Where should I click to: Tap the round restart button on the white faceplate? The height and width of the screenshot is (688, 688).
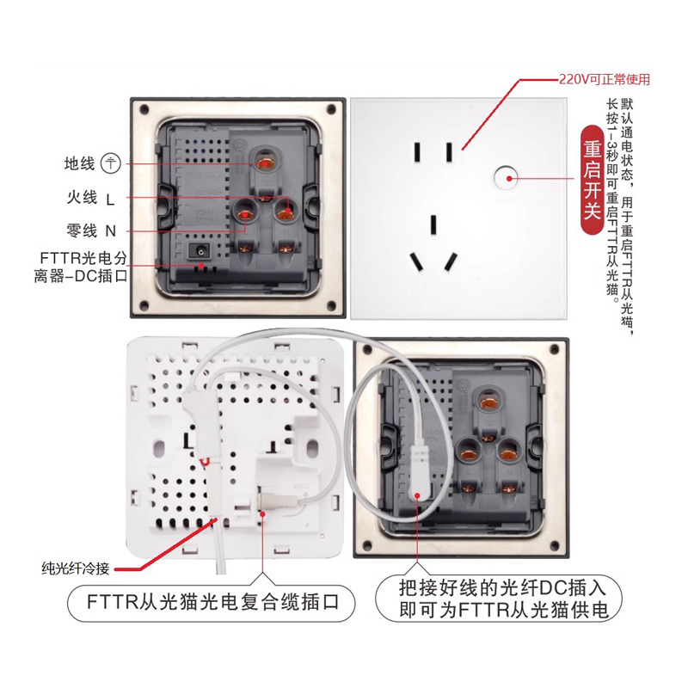pos(506,178)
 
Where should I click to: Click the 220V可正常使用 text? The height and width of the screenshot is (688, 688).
pos(605,79)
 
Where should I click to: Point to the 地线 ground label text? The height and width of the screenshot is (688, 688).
pos(79,163)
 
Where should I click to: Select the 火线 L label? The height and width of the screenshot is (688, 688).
pos(91,198)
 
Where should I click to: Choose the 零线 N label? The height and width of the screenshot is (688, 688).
pos(91,230)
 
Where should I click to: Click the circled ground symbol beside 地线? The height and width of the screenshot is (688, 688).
pos(111,163)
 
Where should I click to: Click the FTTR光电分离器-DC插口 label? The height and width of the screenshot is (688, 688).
pos(81,267)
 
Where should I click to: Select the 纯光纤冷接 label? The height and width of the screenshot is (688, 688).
pos(76,568)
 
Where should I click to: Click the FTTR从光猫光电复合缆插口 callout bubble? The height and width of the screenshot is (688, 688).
pos(211,602)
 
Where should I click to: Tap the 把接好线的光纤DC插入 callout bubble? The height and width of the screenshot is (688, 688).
pos(499,598)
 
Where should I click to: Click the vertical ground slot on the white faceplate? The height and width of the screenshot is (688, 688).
pos(433,224)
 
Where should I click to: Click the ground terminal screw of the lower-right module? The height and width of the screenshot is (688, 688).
pos(488,402)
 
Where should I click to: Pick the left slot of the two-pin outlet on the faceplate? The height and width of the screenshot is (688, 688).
pos(417,152)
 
